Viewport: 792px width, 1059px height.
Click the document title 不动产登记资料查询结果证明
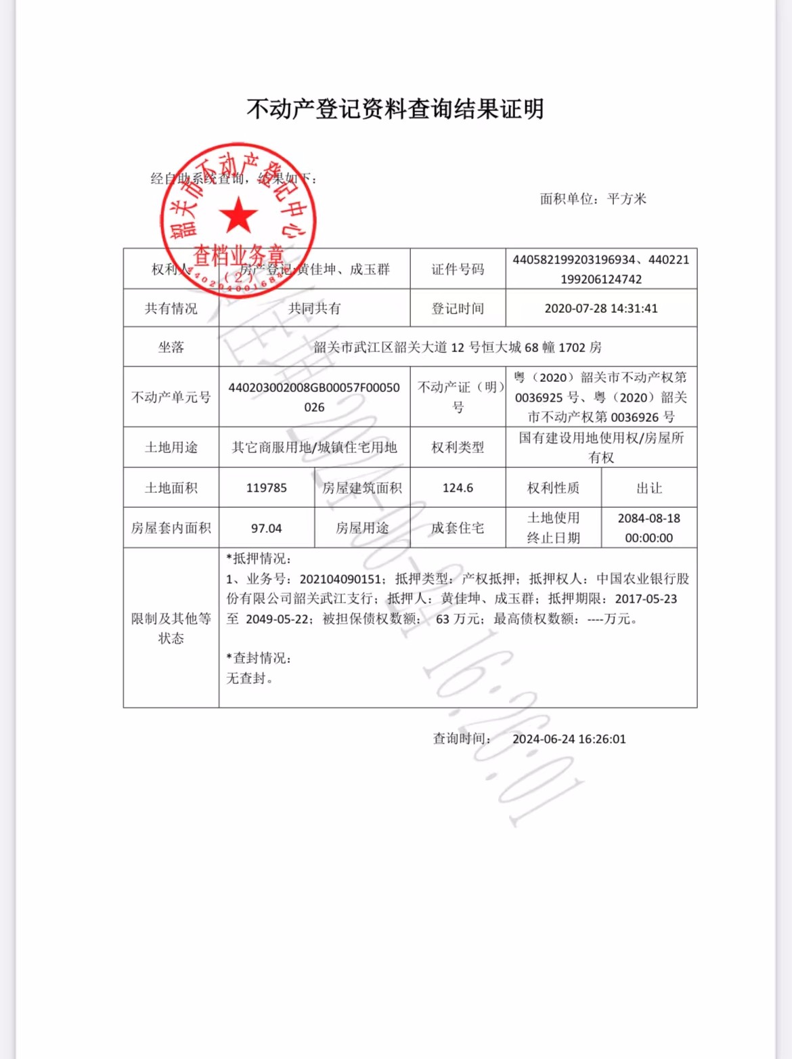click(395, 109)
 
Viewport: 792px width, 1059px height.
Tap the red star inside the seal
click(238, 216)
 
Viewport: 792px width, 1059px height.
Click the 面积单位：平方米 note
click(593, 199)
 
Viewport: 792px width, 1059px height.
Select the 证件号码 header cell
click(458, 269)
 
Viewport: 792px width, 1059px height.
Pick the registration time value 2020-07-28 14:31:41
click(601, 309)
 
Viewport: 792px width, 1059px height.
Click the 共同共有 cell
click(314, 309)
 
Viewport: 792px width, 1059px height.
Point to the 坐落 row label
click(171, 347)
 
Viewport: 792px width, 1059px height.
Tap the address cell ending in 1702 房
click(458, 347)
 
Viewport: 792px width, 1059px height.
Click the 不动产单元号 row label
click(171, 397)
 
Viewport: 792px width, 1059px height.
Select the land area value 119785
click(267, 488)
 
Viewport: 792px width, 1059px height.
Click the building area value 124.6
click(458, 488)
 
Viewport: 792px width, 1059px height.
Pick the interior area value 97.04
click(267, 528)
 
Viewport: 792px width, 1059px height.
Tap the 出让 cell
click(649, 488)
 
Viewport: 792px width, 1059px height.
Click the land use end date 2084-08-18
click(649, 519)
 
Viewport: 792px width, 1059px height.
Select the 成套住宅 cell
click(458, 528)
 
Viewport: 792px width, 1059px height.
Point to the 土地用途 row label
click(171, 448)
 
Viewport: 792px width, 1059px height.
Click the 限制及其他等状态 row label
click(171, 628)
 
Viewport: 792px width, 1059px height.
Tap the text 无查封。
click(250, 678)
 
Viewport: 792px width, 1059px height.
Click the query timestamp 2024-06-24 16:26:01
click(569, 739)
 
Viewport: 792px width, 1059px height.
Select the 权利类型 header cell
click(458, 448)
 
